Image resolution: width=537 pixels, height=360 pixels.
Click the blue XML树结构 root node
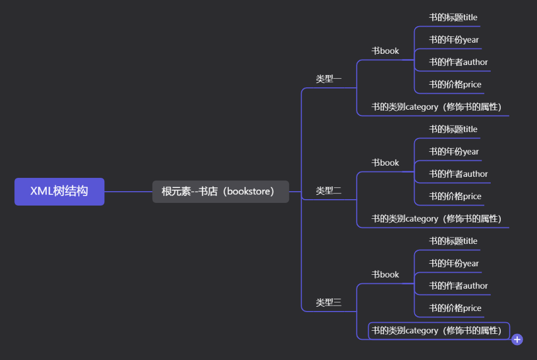[x=59, y=192]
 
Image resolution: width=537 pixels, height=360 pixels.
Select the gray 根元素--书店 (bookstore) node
[x=220, y=192]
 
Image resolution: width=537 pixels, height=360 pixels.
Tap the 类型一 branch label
[x=328, y=79]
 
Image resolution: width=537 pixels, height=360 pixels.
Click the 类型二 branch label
[x=328, y=191]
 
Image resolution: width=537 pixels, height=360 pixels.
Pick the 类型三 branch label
[x=328, y=302]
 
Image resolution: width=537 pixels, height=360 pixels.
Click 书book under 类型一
[x=385, y=51]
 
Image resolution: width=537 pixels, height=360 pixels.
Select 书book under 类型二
[x=385, y=163]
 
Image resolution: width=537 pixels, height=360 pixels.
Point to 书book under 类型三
[x=385, y=275]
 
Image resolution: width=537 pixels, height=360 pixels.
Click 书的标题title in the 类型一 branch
[x=453, y=18]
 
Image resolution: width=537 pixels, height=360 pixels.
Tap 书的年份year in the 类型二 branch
[x=454, y=152]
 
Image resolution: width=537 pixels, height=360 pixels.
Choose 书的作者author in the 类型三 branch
[x=458, y=286]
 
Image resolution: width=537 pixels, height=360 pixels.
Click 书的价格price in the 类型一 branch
[x=455, y=85]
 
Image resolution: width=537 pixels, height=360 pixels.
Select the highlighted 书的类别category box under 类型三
[x=439, y=331]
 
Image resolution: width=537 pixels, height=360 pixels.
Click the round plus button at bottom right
[x=517, y=340]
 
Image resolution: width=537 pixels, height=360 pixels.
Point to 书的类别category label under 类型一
[x=436, y=107]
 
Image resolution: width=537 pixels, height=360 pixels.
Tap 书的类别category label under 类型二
[x=436, y=219]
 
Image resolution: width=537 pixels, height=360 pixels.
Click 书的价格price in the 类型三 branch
[x=455, y=308]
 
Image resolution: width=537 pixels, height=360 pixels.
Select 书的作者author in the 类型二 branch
[x=458, y=174]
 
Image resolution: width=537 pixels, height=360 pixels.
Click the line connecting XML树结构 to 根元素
[x=128, y=192]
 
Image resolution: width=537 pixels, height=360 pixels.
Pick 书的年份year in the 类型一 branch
[x=454, y=40]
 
